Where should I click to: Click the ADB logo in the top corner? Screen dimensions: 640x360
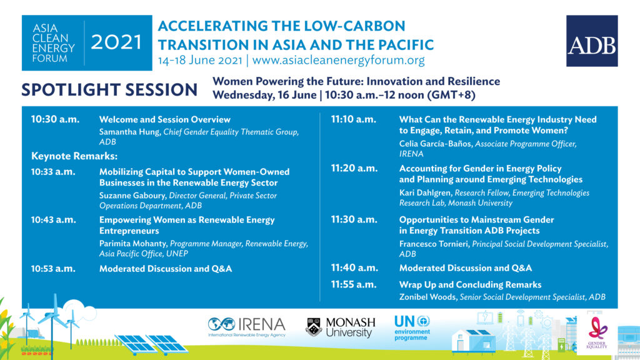(x=592, y=41)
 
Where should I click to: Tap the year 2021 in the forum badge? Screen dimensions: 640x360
(x=116, y=42)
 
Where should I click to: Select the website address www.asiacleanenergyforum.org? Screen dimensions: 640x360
(x=338, y=60)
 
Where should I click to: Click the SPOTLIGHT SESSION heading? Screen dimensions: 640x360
(x=109, y=90)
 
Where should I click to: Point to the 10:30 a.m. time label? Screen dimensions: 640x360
(x=55, y=119)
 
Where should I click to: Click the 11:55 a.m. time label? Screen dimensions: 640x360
(x=354, y=284)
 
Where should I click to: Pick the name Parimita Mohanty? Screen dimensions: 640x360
(x=133, y=244)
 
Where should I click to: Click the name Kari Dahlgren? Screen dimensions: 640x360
(x=425, y=192)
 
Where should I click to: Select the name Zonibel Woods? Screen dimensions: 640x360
(x=427, y=297)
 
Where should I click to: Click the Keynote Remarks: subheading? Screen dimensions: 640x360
(x=74, y=156)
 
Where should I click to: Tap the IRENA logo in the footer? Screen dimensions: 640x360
(x=246, y=327)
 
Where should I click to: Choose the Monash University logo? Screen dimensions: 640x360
(x=341, y=327)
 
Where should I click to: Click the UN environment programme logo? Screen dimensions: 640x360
(x=412, y=327)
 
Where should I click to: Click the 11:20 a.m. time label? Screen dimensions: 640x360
(x=354, y=169)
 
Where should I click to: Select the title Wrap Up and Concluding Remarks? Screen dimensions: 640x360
(x=470, y=284)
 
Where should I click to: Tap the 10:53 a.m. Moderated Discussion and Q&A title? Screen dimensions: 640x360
(x=165, y=269)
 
